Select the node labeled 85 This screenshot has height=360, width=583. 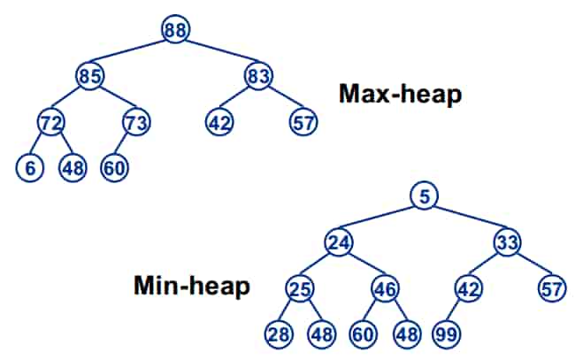pos(89,76)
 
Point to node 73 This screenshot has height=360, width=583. pos(135,120)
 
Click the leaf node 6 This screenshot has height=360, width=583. pos(29,167)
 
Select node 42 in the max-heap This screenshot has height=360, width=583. pos(219,120)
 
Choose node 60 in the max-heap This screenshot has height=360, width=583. pos(113,167)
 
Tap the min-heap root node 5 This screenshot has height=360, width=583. pos(425,195)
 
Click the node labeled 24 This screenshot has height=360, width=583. pos(338,241)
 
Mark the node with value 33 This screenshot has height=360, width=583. pos(508,241)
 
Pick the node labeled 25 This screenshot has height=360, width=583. pos(300,288)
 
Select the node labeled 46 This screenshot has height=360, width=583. pos(385,288)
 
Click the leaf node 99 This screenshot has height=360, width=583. pos(445,334)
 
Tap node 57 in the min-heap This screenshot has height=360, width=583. pos(552,288)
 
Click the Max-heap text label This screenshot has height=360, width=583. pos(400,95)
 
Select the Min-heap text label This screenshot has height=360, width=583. pos(191,287)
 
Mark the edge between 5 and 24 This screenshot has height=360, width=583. pos(380,218)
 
